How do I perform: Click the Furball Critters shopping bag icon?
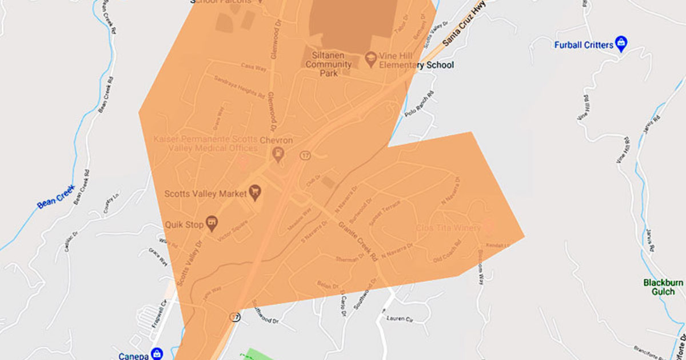pos(621,43)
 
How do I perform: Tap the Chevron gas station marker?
pos(278,153)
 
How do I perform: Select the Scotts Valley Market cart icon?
pos(256,194)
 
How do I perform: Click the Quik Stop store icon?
pos(212,224)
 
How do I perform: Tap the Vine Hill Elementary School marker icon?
pos(370,58)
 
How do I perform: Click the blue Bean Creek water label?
pos(55,196)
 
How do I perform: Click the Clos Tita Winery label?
pos(448,227)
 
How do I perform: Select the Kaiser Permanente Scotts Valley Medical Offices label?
pos(206,144)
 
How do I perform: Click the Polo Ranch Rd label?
pos(419,102)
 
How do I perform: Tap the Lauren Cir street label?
pos(399,318)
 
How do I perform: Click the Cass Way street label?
pos(254,67)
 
